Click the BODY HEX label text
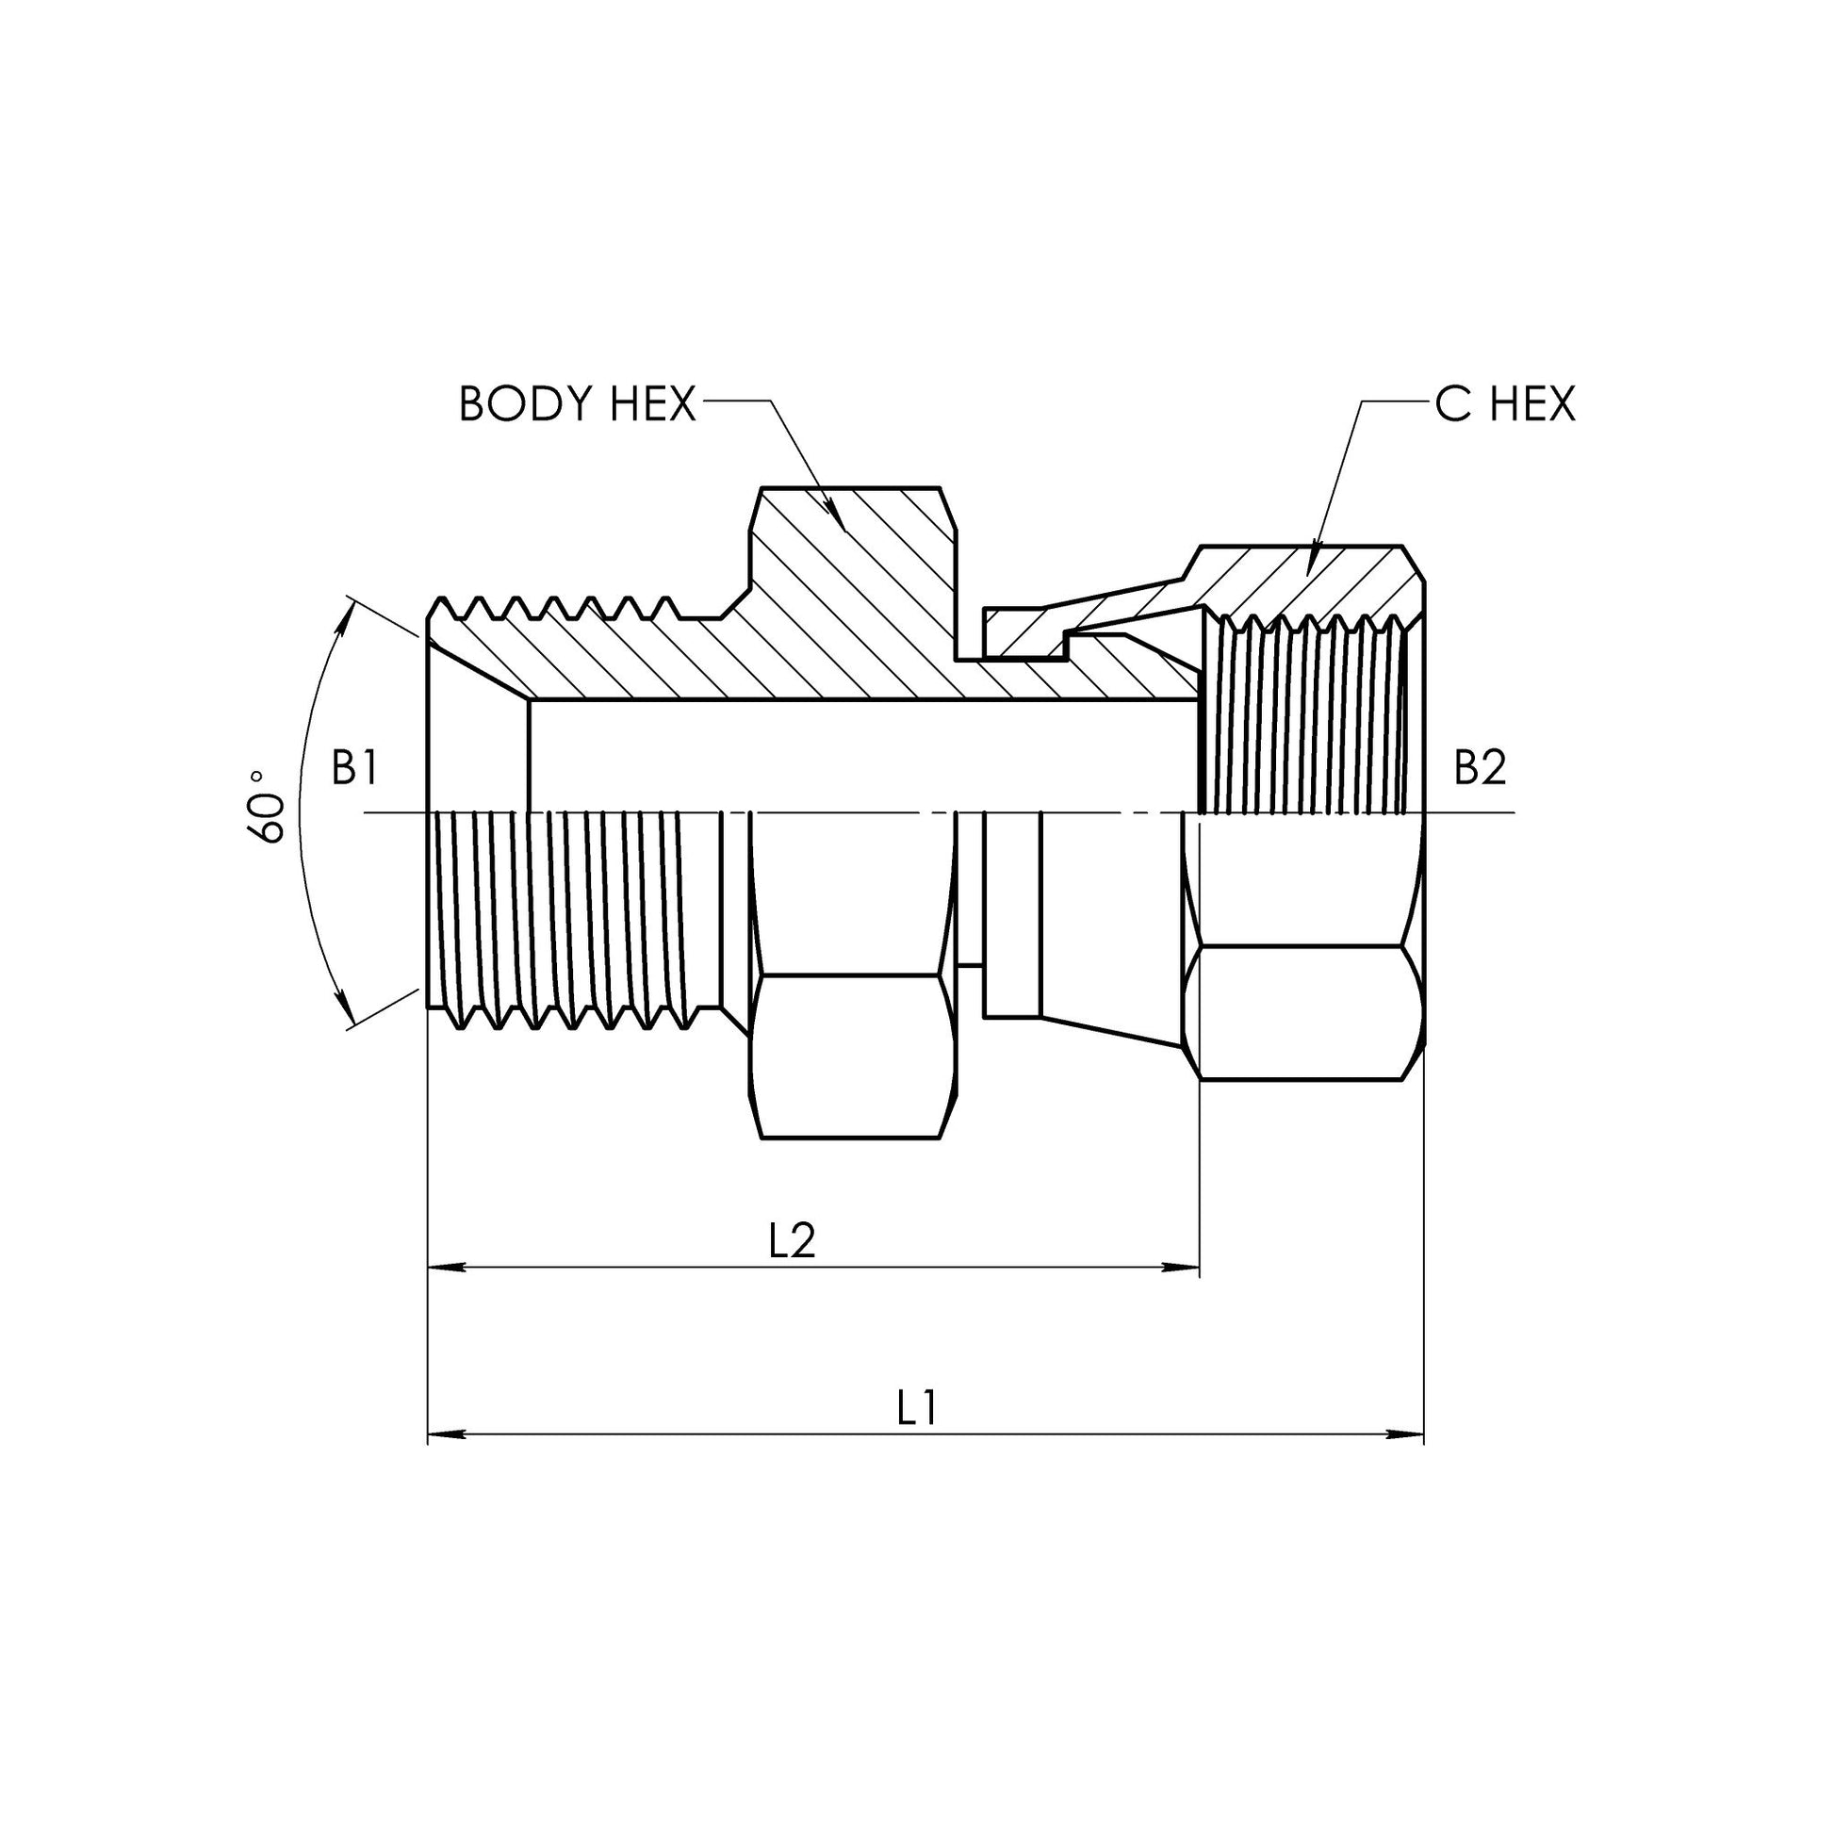point(577,403)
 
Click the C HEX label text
point(1504,403)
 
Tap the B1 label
point(355,768)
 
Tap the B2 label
point(1480,768)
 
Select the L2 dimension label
point(792,1240)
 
